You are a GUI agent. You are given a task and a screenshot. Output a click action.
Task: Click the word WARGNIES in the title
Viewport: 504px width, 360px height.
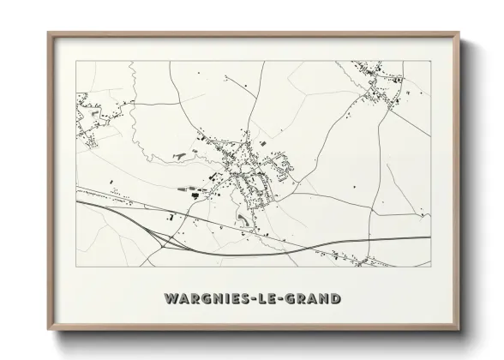coord(204,299)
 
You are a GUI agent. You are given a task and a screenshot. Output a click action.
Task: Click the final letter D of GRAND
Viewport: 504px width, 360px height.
coord(338,299)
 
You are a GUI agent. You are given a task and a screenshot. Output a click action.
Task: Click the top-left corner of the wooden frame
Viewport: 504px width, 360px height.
coord(49,33)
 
